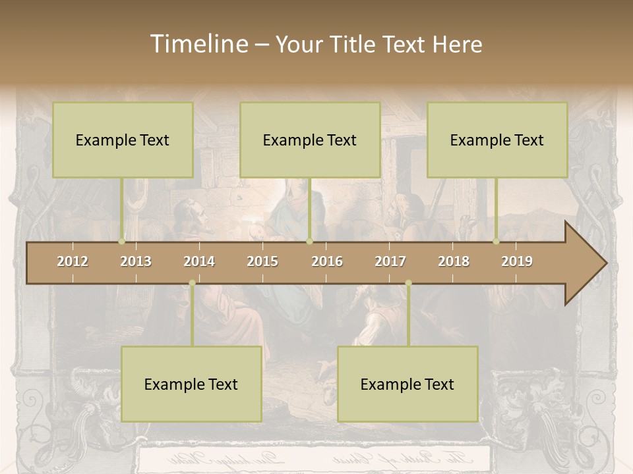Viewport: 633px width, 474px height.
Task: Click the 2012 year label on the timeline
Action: click(73, 261)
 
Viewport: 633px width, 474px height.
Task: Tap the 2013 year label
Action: click(136, 261)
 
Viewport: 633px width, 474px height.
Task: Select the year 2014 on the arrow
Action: click(199, 261)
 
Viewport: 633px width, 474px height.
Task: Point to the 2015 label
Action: click(262, 261)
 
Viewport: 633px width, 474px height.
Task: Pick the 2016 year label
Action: click(327, 261)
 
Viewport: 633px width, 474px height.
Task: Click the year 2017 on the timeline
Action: click(390, 261)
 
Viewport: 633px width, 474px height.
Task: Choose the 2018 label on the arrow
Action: click(454, 261)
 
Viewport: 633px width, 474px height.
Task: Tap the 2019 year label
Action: click(517, 261)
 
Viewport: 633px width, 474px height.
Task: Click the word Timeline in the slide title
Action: click(198, 44)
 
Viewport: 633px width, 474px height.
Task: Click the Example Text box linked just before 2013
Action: click(123, 140)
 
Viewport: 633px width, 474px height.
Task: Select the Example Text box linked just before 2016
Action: click(310, 140)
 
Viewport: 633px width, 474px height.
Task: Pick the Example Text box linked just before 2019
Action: click(497, 140)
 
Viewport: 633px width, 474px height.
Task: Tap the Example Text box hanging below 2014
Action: click(191, 384)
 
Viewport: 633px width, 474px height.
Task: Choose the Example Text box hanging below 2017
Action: click(407, 384)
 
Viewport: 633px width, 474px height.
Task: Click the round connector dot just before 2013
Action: click(122, 242)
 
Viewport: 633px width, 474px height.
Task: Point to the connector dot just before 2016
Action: click(309, 242)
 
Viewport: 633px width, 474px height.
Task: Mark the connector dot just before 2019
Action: click(497, 242)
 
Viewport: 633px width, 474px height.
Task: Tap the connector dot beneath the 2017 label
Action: click(408, 283)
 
